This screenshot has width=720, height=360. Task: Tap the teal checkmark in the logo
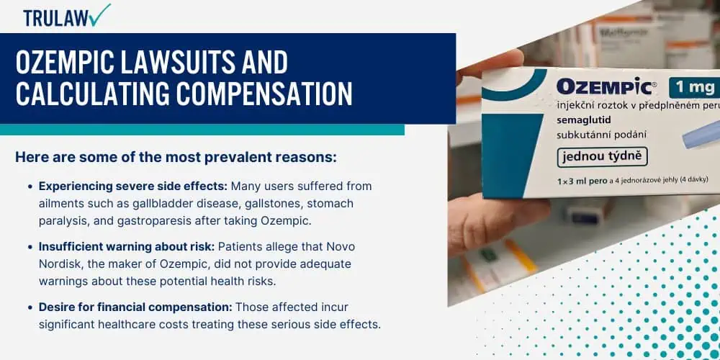100,14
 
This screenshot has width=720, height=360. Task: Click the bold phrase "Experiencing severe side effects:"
133,186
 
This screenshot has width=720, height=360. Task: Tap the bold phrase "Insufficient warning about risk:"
126,246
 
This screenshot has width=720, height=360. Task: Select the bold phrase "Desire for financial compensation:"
135,307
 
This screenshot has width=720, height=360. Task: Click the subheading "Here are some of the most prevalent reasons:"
176,157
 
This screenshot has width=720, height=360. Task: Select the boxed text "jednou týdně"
602,156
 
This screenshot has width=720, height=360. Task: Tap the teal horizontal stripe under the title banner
202,130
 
